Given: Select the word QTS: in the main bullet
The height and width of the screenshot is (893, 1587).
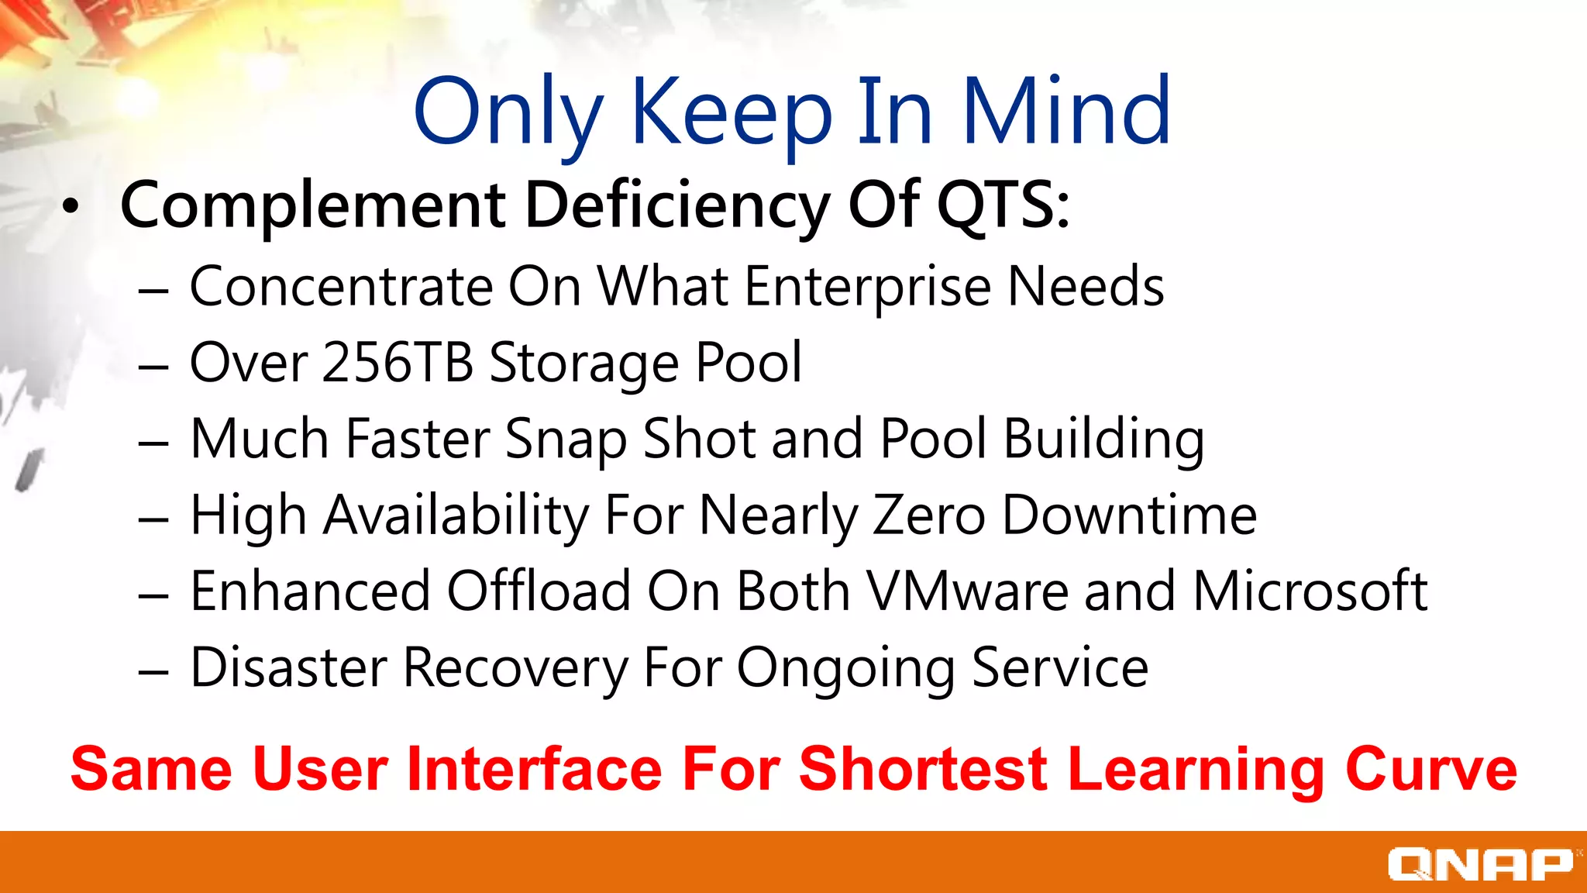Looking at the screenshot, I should pyautogui.click(x=1003, y=205).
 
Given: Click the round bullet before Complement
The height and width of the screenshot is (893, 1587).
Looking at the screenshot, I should pyautogui.click(x=71, y=206).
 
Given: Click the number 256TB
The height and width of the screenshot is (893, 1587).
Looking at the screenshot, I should pyautogui.click(x=398, y=362).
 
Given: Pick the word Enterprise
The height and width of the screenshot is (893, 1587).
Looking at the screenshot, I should pyautogui.click(x=868, y=288).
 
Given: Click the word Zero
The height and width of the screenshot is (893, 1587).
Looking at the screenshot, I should pyautogui.click(x=929, y=515).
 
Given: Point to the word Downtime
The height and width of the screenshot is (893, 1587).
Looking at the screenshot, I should pyautogui.click(x=1129, y=515).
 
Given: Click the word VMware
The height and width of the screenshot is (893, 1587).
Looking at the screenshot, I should pyautogui.click(x=967, y=591).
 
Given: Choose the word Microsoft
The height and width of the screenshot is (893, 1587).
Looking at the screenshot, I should pyautogui.click(x=1310, y=591).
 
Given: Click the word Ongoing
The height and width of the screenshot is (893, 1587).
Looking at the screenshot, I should pyautogui.click(x=845, y=668).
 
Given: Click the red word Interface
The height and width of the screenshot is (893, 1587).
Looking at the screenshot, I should pyautogui.click(x=534, y=769).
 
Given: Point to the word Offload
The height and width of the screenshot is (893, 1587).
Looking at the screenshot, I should pyautogui.click(x=539, y=591).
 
